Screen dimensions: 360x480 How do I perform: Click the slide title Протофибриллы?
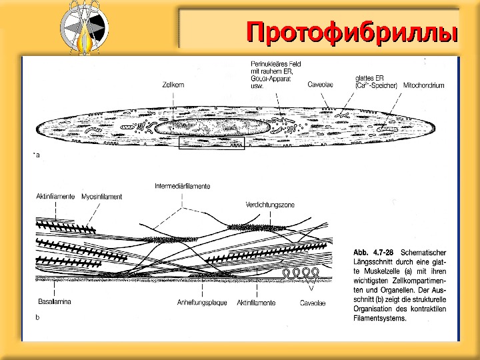pos(353,31)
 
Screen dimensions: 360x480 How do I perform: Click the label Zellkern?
pos(173,85)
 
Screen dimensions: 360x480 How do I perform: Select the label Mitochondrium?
pos(422,85)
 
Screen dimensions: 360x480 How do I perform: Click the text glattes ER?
pos(369,78)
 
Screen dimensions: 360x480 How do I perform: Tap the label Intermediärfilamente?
pos(182,185)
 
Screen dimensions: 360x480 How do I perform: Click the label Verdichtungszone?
pos(269,204)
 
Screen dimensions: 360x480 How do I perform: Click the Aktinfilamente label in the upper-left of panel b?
pos(56,197)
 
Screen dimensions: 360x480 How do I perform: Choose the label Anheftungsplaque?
pos(199,303)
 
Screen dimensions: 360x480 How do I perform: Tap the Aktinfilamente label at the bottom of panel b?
pos(256,303)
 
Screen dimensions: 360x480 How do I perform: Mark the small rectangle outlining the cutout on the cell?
pos(213,144)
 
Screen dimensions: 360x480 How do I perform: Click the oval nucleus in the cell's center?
pos(213,127)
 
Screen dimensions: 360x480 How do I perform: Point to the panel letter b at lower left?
pos(37,318)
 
